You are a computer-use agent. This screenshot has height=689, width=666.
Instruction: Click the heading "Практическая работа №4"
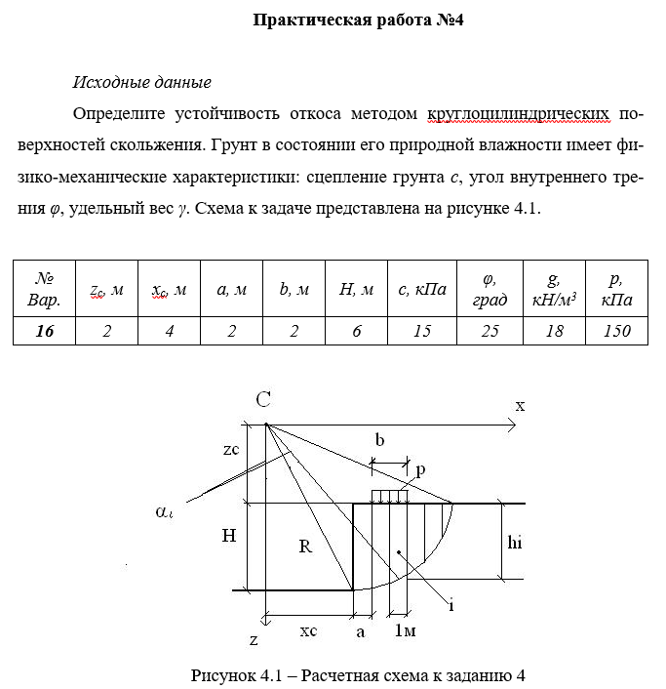(x=357, y=20)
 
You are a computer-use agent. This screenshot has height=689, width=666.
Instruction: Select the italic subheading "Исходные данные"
(x=142, y=82)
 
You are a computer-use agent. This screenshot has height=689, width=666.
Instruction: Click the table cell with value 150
(x=617, y=331)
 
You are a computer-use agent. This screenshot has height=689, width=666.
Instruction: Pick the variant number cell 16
(x=44, y=331)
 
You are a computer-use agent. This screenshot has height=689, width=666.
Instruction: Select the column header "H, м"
(x=356, y=289)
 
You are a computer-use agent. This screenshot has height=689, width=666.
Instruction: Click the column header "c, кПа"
(x=422, y=289)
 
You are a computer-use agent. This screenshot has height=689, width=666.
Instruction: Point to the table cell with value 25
(x=490, y=331)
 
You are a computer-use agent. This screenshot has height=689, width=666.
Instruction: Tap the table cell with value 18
(x=554, y=331)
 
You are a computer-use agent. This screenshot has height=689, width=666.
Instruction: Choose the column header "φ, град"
(x=490, y=289)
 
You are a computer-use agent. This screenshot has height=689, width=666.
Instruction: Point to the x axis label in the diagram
(x=520, y=406)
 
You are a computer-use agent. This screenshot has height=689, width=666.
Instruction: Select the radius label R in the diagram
(x=304, y=547)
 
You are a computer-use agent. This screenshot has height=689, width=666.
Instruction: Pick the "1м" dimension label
(x=405, y=631)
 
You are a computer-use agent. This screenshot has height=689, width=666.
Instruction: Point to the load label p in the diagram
(x=420, y=469)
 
